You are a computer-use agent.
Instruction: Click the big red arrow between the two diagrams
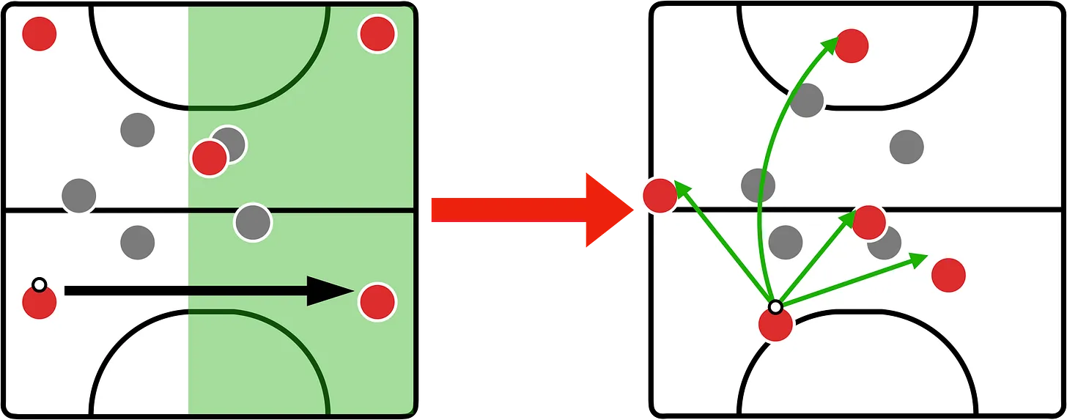(528, 210)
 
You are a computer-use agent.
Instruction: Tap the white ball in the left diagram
(40, 284)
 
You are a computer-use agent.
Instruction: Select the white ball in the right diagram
(775, 306)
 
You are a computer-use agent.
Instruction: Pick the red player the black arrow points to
(377, 300)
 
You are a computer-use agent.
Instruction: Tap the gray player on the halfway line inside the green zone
(253, 222)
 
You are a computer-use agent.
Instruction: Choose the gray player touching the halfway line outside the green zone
(79, 196)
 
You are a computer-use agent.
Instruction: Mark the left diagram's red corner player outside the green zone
(40, 34)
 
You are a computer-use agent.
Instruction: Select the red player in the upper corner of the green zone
(377, 34)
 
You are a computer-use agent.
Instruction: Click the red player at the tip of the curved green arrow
(852, 46)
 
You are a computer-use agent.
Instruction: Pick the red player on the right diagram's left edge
(660, 196)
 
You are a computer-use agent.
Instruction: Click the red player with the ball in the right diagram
(775, 325)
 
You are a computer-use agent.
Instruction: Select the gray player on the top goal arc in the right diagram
(807, 100)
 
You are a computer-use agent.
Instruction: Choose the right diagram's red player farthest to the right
(948, 276)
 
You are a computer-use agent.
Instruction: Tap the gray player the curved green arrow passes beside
(758, 185)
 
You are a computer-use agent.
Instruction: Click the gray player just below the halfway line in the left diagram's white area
(138, 242)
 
